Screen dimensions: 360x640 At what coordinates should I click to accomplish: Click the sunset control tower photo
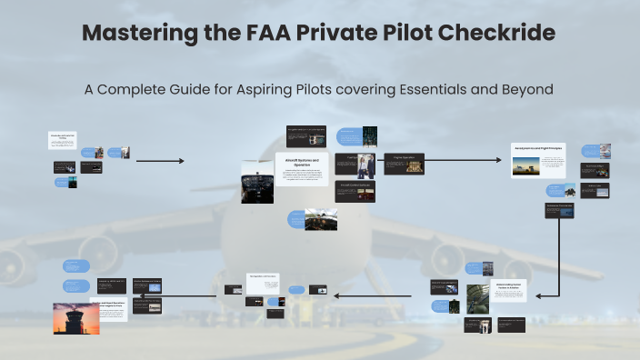[x=75, y=318]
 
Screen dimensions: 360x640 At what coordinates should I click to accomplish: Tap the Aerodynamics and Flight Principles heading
[x=539, y=147]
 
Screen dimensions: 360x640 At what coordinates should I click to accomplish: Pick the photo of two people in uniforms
[x=365, y=165]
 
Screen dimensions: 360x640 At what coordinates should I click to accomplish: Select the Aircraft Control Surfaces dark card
[x=356, y=190]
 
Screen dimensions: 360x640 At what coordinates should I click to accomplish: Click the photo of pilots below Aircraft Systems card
[x=321, y=219]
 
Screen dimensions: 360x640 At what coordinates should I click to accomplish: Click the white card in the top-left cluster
[x=61, y=139]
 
